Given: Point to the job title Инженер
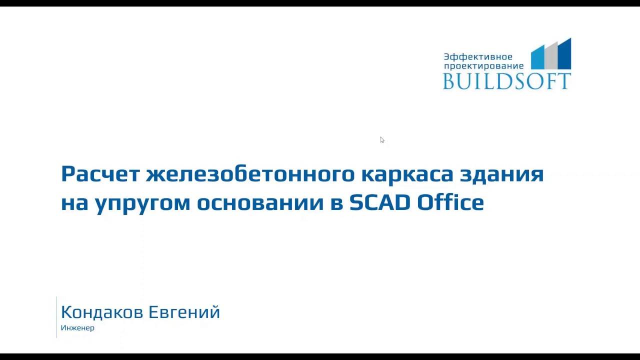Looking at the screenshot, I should [x=77, y=328].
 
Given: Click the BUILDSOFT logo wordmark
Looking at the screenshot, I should [x=506, y=81].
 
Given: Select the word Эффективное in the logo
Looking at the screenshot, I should [x=478, y=57].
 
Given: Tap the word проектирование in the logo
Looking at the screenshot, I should [x=483, y=66].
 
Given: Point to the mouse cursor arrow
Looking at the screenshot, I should [x=381, y=139].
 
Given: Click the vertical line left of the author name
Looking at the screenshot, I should [x=56, y=317].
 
